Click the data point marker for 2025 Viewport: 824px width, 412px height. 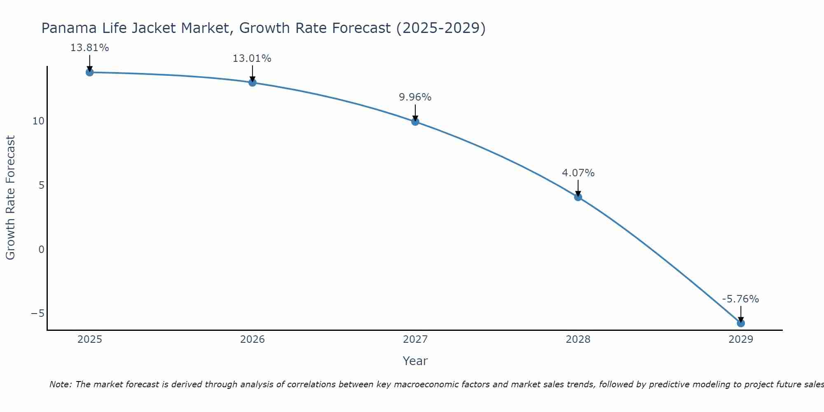89,73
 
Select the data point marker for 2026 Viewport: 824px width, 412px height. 253,82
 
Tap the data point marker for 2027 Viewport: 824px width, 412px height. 415,122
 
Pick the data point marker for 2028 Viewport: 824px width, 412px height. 578,197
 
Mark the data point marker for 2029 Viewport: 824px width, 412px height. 741,323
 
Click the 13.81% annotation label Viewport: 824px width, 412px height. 89,48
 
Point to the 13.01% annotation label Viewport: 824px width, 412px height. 252,59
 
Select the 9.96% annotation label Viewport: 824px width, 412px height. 415,97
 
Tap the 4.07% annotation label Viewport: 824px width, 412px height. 578,173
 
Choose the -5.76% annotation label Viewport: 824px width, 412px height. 740,299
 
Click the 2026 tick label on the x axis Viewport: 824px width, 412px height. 253,339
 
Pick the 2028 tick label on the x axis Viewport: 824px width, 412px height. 578,339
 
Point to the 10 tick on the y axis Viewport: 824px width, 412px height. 38,121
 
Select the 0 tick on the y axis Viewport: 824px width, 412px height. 41,250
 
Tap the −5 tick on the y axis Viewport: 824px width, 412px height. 37,314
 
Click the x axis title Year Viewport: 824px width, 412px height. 415,361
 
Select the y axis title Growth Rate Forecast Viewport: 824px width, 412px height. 10,198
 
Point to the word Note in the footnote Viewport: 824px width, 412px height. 61,384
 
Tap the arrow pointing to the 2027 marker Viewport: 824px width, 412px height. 415,112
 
